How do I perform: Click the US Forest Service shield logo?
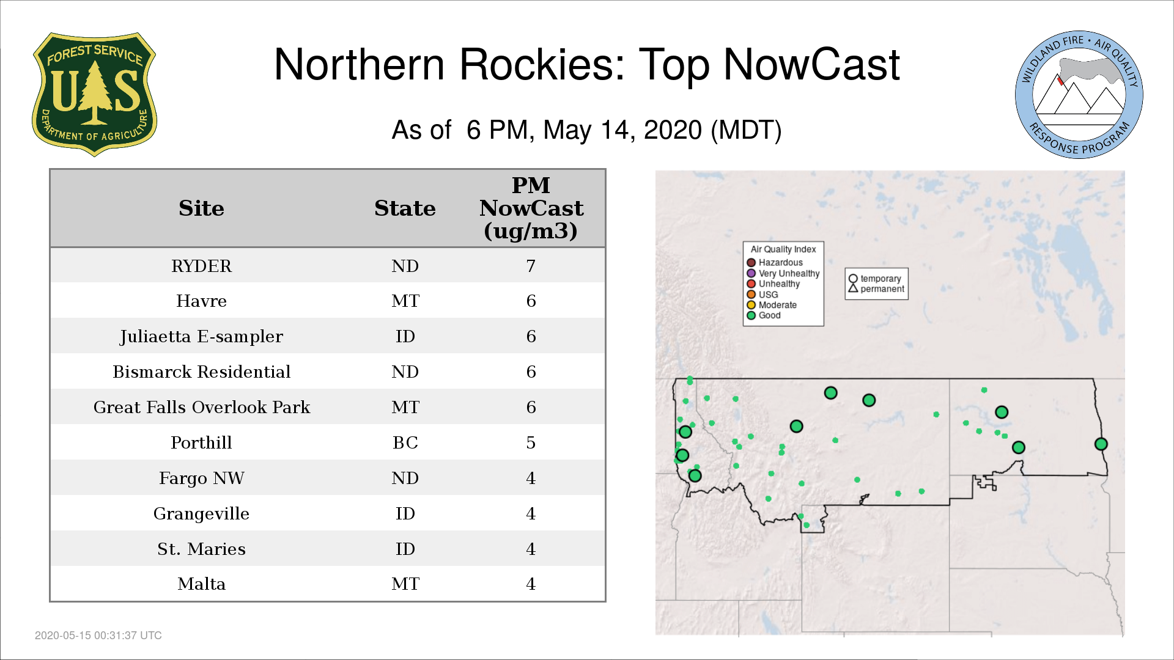(x=94, y=95)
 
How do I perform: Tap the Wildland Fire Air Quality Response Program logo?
(x=1079, y=95)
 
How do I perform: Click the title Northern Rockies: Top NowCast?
(x=587, y=65)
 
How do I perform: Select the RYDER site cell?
(x=201, y=266)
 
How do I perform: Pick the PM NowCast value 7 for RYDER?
(x=531, y=266)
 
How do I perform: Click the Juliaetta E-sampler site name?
(x=201, y=337)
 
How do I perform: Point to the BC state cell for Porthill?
(x=405, y=442)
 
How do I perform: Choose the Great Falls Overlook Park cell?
(x=202, y=407)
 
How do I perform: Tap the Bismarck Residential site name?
(x=202, y=372)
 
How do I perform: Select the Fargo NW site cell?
(x=202, y=478)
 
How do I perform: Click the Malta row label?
(x=202, y=584)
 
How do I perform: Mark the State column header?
(x=405, y=208)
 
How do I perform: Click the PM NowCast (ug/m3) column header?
(x=531, y=208)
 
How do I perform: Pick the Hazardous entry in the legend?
(x=775, y=263)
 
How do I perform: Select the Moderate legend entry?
(x=772, y=305)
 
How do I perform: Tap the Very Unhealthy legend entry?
(x=783, y=273)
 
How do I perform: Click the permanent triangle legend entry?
(x=876, y=289)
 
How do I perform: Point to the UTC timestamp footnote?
(x=98, y=636)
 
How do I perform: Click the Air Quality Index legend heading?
(x=783, y=249)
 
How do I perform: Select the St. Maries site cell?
(x=202, y=549)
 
